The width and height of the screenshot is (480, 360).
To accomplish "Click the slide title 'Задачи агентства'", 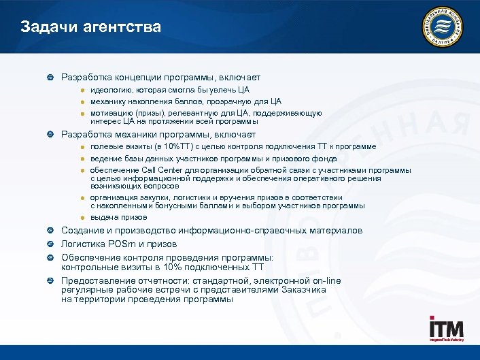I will (x=90, y=27).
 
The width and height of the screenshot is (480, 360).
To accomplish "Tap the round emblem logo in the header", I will (x=443, y=28).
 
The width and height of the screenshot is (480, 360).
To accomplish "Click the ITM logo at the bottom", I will (x=446, y=329).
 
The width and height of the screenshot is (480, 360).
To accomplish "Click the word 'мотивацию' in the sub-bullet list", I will (x=112, y=113).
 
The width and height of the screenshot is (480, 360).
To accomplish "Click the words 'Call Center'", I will (x=162, y=170).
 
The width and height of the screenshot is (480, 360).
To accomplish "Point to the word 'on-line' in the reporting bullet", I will (x=324, y=280).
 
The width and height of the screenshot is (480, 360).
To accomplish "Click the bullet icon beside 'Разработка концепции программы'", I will (x=50, y=78).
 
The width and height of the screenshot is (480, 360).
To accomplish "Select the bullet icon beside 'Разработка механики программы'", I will (x=50, y=135).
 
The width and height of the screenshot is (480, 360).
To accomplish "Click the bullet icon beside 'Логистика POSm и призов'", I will (x=50, y=244).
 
